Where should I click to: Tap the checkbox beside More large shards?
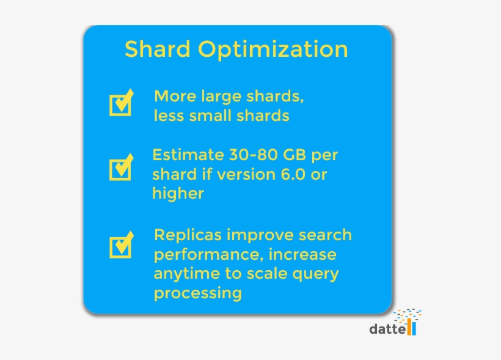click(x=120, y=104)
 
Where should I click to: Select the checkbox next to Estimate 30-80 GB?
click(x=120, y=168)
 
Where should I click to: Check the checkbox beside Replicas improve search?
click(x=120, y=246)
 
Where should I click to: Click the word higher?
click(x=178, y=194)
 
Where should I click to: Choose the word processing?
click(x=197, y=293)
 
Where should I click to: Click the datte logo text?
click(x=388, y=329)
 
